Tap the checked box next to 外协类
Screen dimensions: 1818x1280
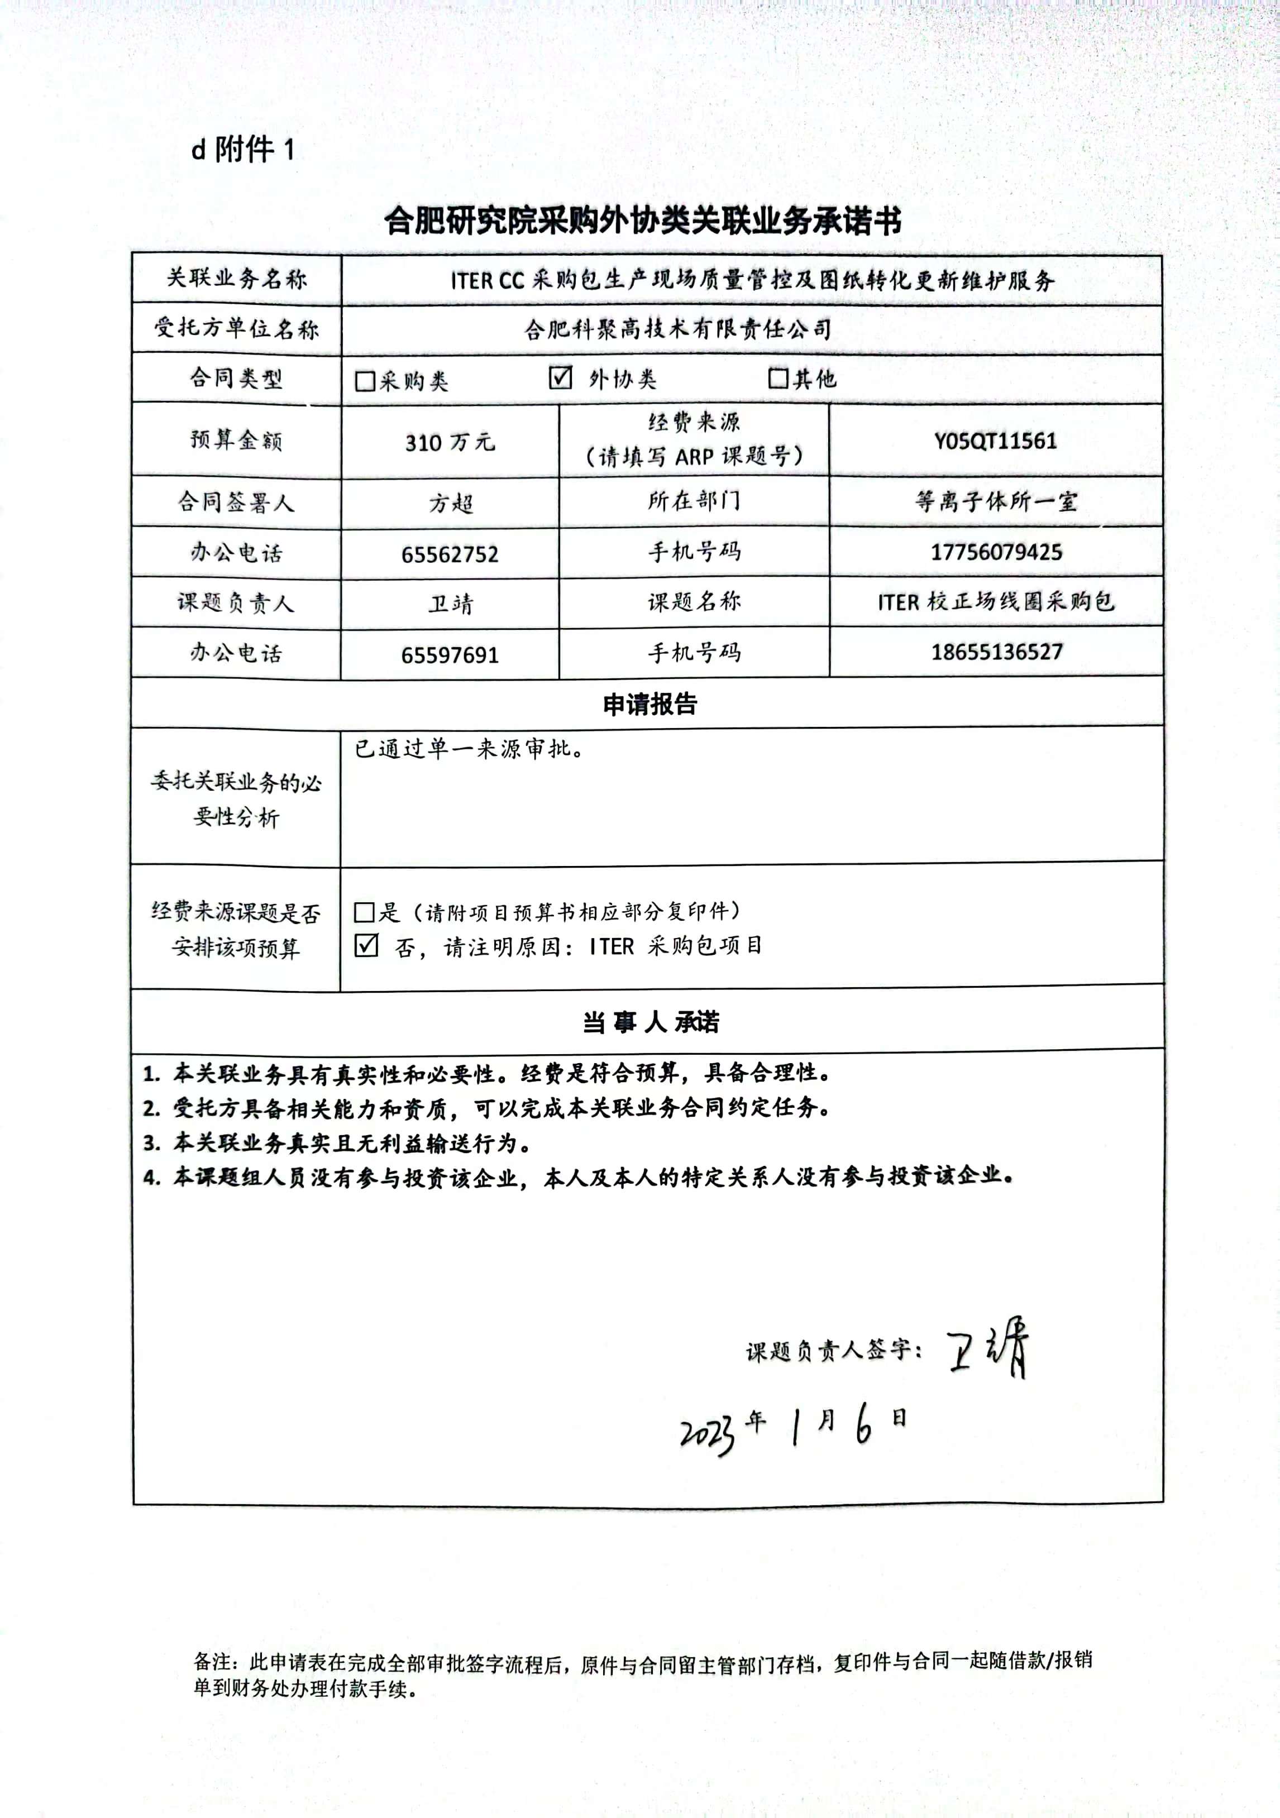560,377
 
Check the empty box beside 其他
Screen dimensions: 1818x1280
778,379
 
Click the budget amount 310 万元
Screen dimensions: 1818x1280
450,442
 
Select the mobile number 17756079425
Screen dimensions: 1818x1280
996,552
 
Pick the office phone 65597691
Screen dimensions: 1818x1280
450,655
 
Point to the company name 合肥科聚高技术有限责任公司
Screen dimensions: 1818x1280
677,329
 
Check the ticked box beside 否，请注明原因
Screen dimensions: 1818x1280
366,945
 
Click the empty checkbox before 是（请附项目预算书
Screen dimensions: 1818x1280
364,912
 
